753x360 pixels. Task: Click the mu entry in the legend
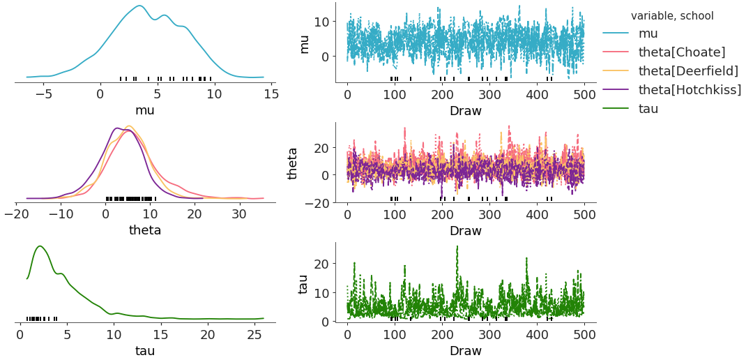[648, 33]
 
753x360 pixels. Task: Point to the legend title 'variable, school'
[672, 15]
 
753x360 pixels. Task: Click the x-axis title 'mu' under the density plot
[145, 110]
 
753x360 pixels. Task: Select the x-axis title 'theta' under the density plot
[145, 230]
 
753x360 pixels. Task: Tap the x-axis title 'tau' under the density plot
[145, 350]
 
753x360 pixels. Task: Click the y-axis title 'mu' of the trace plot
[304, 43]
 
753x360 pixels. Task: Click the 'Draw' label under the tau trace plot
[465, 350]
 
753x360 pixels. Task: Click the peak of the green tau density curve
[40, 246]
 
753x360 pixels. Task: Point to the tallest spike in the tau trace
[457, 246]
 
